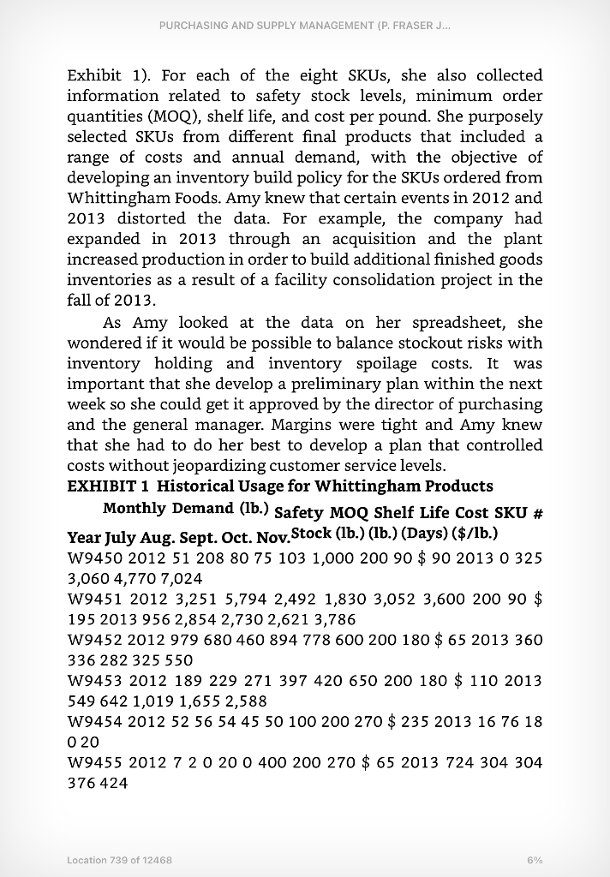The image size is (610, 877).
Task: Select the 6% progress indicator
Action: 535,859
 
